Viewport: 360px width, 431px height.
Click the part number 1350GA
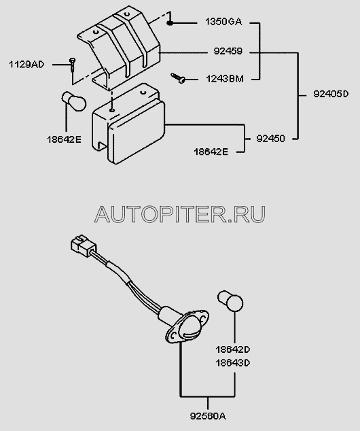[223, 22]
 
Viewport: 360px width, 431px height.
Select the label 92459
[228, 51]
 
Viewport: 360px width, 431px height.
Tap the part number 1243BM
[225, 79]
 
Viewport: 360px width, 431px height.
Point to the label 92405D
[331, 94]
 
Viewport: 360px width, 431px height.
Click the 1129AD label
[26, 65]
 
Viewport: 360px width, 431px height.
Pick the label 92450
[270, 139]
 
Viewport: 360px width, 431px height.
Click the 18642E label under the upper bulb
[64, 139]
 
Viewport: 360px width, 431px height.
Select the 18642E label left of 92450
[211, 152]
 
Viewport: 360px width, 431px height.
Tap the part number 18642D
[232, 349]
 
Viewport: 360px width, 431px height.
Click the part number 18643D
[232, 363]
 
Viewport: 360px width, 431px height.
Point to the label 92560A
[208, 416]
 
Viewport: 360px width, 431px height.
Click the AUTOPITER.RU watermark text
[180, 214]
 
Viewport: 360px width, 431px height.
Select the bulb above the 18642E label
[73, 101]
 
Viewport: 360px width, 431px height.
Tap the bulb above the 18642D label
[230, 301]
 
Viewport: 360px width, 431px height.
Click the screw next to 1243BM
[178, 78]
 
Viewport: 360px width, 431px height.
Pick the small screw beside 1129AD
[72, 65]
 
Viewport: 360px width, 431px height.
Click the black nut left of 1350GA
[170, 23]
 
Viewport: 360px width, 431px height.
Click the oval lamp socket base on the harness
[187, 326]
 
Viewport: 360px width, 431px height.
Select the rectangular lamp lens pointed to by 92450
[137, 133]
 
